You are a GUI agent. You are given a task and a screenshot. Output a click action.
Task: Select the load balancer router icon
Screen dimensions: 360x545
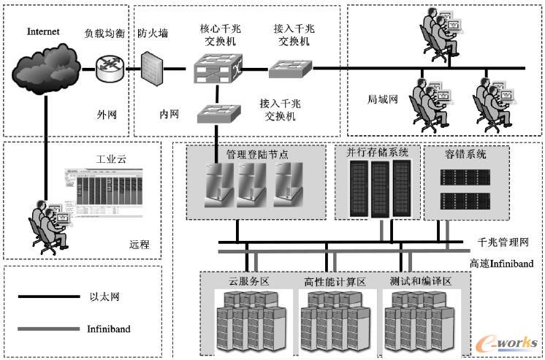(x=110, y=69)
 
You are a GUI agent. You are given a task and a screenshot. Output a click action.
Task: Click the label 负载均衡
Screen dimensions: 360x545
(x=104, y=34)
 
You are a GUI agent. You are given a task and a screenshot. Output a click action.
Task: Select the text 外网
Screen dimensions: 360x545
(x=107, y=115)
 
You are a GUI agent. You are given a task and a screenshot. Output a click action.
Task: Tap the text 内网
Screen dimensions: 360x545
(x=169, y=115)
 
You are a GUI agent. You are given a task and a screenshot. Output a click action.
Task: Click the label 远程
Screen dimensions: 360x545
(x=139, y=245)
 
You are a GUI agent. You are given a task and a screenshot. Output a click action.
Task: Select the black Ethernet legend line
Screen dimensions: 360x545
(x=48, y=296)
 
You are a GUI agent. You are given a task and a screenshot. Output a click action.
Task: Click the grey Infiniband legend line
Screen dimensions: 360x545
(x=48, y=329)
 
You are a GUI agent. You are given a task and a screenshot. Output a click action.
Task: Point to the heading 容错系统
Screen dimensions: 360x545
(x=465, y=154)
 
